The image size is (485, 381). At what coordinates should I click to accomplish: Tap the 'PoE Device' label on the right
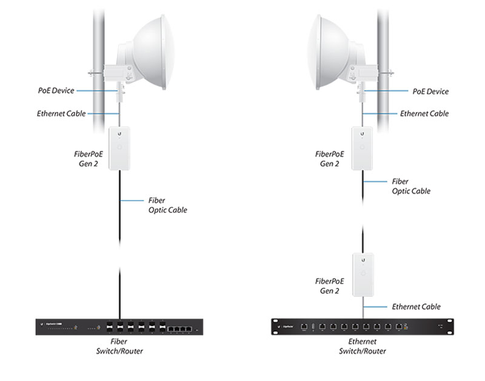430,91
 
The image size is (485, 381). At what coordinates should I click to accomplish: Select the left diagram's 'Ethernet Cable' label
61,113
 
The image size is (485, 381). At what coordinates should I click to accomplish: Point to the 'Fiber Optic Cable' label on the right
411,186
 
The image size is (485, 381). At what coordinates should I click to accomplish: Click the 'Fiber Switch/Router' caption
119,346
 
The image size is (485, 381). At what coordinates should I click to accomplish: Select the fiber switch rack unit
119,327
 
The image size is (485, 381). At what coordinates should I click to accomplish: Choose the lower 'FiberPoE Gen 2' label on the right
330,286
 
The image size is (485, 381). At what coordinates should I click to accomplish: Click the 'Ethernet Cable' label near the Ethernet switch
416,307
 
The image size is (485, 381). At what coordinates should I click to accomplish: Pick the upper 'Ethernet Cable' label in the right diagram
424,113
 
